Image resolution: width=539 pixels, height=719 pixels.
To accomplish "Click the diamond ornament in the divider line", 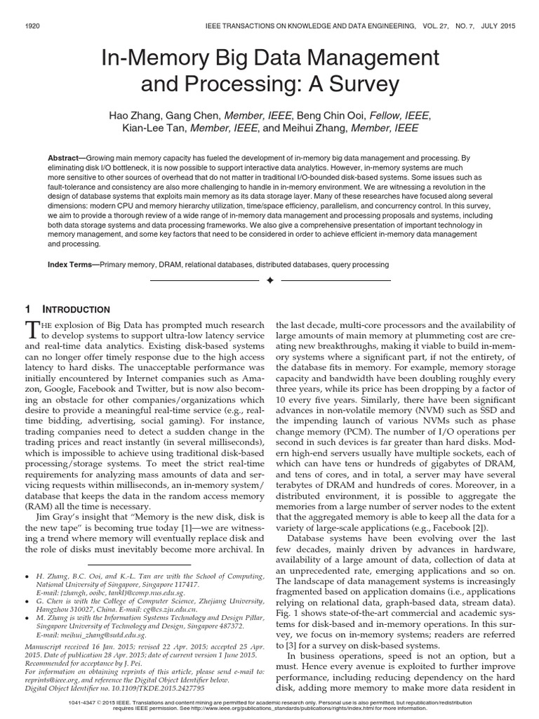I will point(269,280).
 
